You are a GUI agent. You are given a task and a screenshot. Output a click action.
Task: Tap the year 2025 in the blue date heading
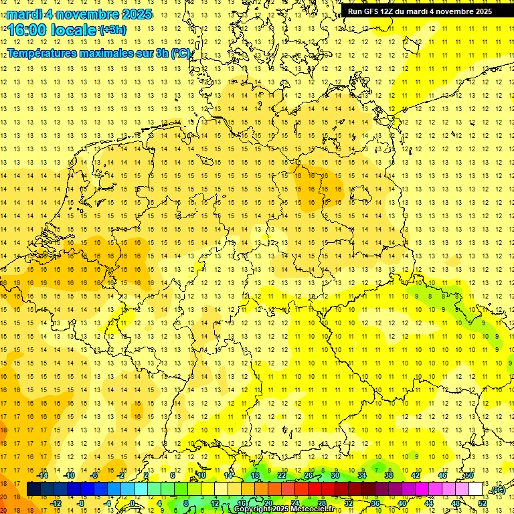[x=133, y=14]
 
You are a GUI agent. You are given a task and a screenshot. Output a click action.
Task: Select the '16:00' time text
[x=27, y=29]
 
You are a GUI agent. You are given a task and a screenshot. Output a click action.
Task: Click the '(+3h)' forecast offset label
[x=112, y=29]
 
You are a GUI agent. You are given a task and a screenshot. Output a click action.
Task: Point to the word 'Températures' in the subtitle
[x=43, y=53]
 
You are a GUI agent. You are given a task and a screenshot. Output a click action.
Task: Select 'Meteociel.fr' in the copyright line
[x=312, y=509]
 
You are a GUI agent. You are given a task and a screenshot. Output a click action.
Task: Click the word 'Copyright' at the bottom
[x=252, y=509]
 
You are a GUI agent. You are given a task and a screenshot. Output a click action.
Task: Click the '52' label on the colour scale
[x=482, y=503]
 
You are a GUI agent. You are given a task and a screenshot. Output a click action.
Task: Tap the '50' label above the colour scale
[x=469, y=475]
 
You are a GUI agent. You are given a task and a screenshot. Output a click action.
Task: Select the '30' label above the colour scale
[x=335, y=475]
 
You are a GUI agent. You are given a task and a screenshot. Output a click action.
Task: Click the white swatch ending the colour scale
[x=475, y=489]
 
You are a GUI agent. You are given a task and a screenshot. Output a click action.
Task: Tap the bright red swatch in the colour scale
[x=315, y=489]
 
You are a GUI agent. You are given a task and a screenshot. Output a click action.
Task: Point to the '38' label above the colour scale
[x=388, y=475]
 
